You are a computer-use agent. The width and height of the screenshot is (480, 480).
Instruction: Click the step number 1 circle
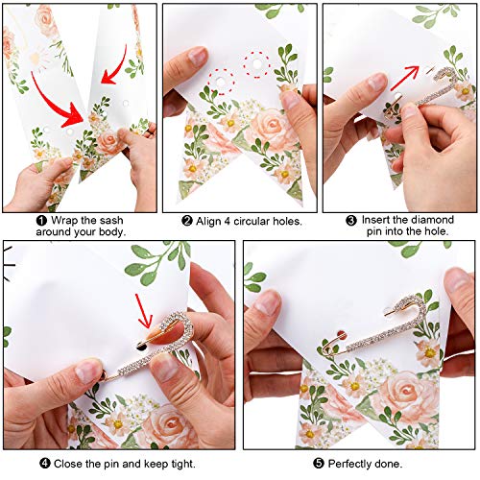pyautogui.click(x=41, y=221)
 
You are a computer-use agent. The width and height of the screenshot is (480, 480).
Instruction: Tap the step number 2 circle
pyautogui.click(x=187, y=221)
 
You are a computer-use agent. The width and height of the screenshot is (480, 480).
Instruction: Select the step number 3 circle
pyautogui.click(x=351, y=221)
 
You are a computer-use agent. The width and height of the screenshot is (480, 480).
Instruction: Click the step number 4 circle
pyautogui.click(x=45, y=463)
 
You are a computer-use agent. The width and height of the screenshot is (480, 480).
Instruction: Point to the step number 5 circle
pyautogui.click(x=319, y=463)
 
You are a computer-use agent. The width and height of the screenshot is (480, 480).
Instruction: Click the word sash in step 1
pyautogui.click(x=111, y=221)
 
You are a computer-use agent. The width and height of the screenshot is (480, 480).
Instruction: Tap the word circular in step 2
pyautogui.click(x=252, y=221)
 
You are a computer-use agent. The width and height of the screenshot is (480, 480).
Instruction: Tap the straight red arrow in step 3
pyautogui.click(x=404, y=78)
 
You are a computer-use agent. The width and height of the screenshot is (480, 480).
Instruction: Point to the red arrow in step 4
pyautogui.click(x=143, y=311)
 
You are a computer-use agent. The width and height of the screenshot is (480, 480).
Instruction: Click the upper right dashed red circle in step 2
pyautogui.click(x=256, y=64)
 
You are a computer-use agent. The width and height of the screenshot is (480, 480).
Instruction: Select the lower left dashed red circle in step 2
pyautogui.click(x=221, y=82)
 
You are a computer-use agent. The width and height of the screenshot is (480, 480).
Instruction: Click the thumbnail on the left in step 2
pyautogui.click(x=198, y=57)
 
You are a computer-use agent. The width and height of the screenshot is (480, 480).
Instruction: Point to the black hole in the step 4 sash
pyautogui.click(x=141, y=346)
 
